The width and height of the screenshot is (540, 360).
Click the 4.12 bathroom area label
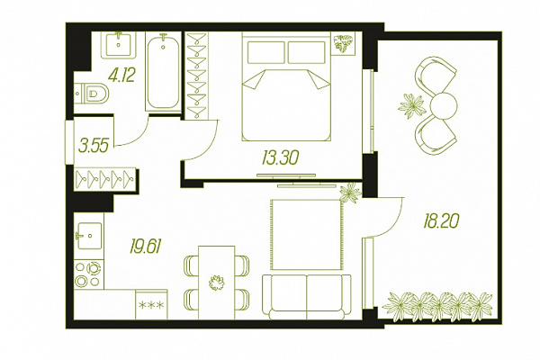point(121,75)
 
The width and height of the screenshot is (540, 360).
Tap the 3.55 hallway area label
point(94,145)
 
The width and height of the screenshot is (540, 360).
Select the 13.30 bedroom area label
point(280,158)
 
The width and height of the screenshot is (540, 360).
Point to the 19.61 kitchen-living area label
point(145,246)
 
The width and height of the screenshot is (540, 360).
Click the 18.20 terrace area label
point(441,220)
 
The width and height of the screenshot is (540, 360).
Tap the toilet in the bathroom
point(92,93)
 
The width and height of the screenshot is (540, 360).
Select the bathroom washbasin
point(119,44)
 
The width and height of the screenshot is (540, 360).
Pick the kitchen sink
point(89,236)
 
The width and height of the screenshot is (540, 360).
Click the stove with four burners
point(89,274)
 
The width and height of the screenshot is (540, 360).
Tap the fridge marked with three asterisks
point(151,304)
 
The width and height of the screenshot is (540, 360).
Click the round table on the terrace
point(444,106)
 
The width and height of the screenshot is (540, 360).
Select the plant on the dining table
point(216,283)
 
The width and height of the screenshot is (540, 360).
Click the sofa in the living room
point(307,297)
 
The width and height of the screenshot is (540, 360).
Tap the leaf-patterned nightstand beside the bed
point(344,43)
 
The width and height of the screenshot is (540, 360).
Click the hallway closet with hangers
point(104,179)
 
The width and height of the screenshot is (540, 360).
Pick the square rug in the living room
point(307,235)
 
